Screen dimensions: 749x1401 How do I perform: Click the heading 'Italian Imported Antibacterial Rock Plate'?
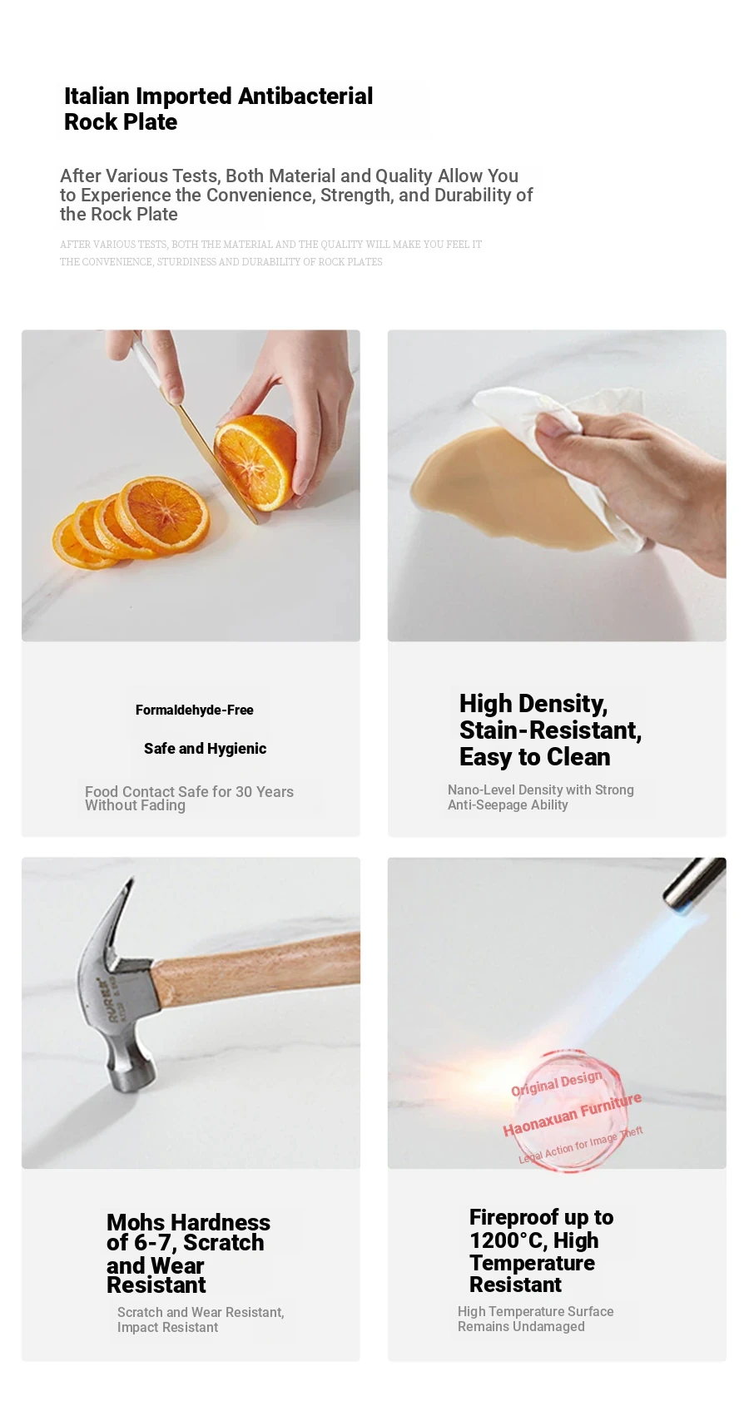(x=218, y=109)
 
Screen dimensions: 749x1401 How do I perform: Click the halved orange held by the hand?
(x=255, y=462)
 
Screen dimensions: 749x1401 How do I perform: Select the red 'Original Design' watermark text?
(x=557, y=1083)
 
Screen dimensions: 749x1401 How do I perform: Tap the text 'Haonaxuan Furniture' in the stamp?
(x=573, y=1117)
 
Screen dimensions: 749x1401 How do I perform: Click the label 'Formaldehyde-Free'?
(x=195, y=710)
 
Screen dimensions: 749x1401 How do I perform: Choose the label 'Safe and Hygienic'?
(x=206, y=749)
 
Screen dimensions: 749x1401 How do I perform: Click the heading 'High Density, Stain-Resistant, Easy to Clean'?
(x=551, y=730)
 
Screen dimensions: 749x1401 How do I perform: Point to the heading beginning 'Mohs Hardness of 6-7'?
(x=188, y=1254)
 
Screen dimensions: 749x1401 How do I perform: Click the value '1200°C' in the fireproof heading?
(x=498, y=1240)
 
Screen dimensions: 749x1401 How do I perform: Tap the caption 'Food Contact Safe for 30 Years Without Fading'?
(x=189, y=799)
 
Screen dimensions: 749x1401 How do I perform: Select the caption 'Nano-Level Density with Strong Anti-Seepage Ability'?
(x=541, y=798)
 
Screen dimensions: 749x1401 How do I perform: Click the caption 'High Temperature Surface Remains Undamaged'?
(x=536, y=1319)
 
